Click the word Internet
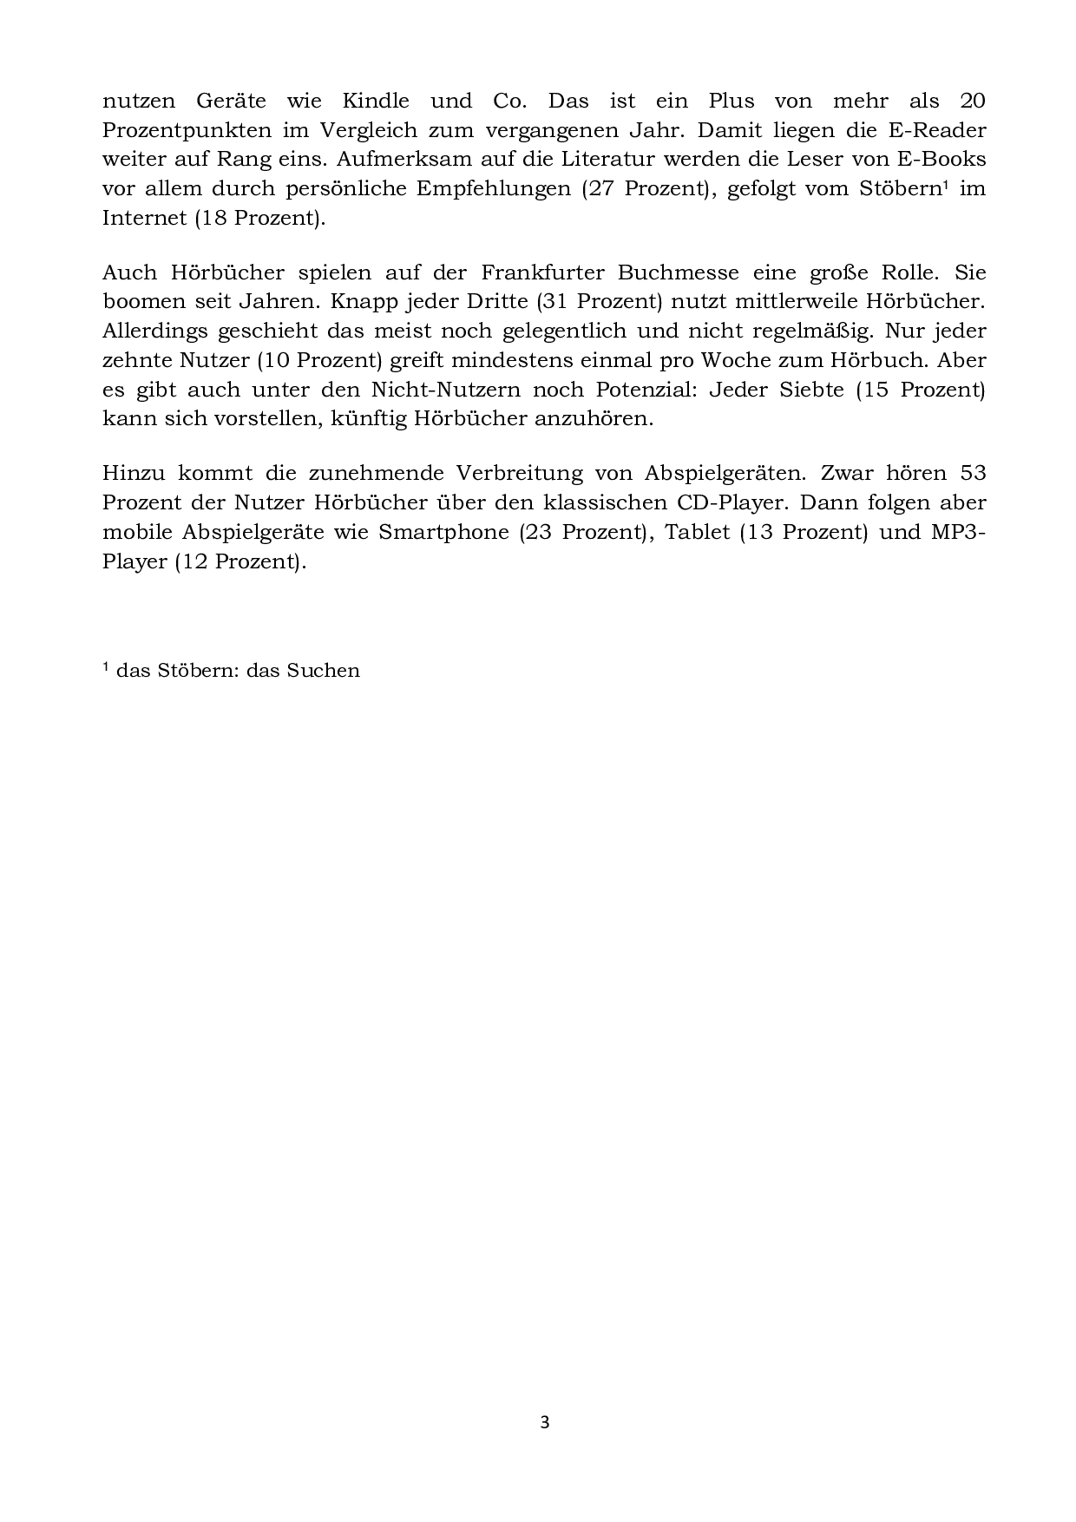[144, 218]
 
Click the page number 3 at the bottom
[545, 1422]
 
